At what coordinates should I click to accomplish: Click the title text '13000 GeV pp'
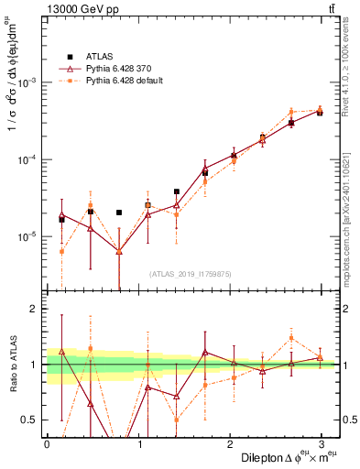79,10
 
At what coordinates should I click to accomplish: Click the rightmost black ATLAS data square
320,113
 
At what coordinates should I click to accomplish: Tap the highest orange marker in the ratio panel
291,338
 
